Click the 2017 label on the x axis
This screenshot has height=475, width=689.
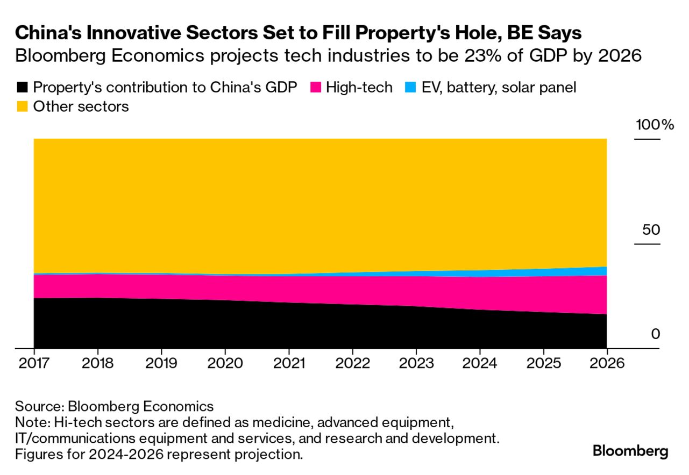(34, 363)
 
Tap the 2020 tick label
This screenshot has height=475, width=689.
(225, 363)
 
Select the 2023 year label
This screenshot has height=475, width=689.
(416, 363)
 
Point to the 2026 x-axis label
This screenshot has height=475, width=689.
(607, 363)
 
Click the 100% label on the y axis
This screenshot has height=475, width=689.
(655, 125)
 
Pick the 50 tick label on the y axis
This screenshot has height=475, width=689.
(651, 230)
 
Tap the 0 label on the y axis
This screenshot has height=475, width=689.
(655, 334)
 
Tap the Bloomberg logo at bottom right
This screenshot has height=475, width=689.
(630, 451)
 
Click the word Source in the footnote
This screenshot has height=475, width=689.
(38, 406)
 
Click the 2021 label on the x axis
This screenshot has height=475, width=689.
(289, 363)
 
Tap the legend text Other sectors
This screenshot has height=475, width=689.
(81, 107)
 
